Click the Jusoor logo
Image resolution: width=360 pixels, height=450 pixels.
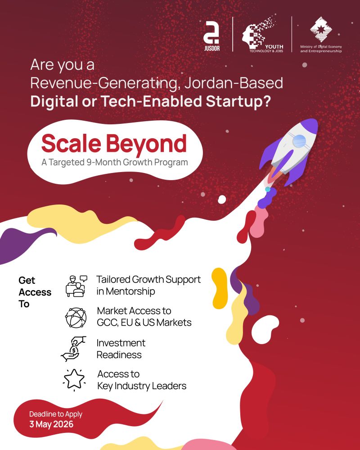click(211, 35)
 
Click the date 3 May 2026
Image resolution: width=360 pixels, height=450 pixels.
click(51, 424)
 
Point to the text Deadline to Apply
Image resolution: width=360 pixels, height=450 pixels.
click(56, 414)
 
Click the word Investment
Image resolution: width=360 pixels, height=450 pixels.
click(121, 343)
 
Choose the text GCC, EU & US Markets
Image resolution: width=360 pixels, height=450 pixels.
click(144, 323)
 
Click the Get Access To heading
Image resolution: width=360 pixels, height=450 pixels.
click(35, 292)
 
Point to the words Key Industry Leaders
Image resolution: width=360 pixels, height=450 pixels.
click(142, 386)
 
